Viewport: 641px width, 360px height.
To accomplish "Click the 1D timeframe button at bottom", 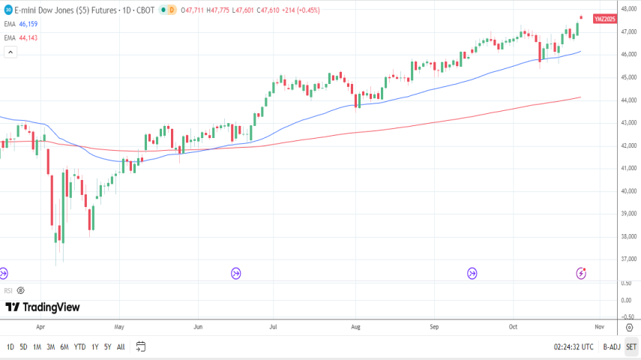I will pyautogui.click(x=10, y=346).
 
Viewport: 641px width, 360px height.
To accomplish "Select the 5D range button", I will pyautogui.click(x=23, y=346).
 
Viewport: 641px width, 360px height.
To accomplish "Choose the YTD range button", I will pyautogui.click(x=79, y=346).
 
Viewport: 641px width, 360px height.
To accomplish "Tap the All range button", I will pyautogui.click(x=121, y=346).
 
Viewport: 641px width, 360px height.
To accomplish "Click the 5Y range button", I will pyautogui.click(x=107, y=346).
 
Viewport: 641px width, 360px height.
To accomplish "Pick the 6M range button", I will pyautogui.click(x=64, y=346).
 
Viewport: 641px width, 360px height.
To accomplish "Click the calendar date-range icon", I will pyautogui.click(x=140, y=346).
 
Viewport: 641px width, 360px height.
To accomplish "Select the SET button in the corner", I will pyautogui.click(x=631, y=346).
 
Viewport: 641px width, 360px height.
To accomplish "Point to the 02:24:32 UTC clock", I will pyautogui.click(x=574, y=346).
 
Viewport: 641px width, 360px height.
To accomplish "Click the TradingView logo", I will pyautogui.click(x=43, y=307).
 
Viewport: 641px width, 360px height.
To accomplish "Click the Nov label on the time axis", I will pyautogui.click(x=599, y=327).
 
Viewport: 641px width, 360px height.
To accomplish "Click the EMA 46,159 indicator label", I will pyautogui.click(x=22, y=24).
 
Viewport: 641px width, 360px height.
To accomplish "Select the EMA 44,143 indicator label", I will pyautogui.click(x=22, y=37).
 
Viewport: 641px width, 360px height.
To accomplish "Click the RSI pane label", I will pyautogui.click(x=8, y=290).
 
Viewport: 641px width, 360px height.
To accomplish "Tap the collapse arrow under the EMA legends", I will pyautogui.click(x=10, y=52).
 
